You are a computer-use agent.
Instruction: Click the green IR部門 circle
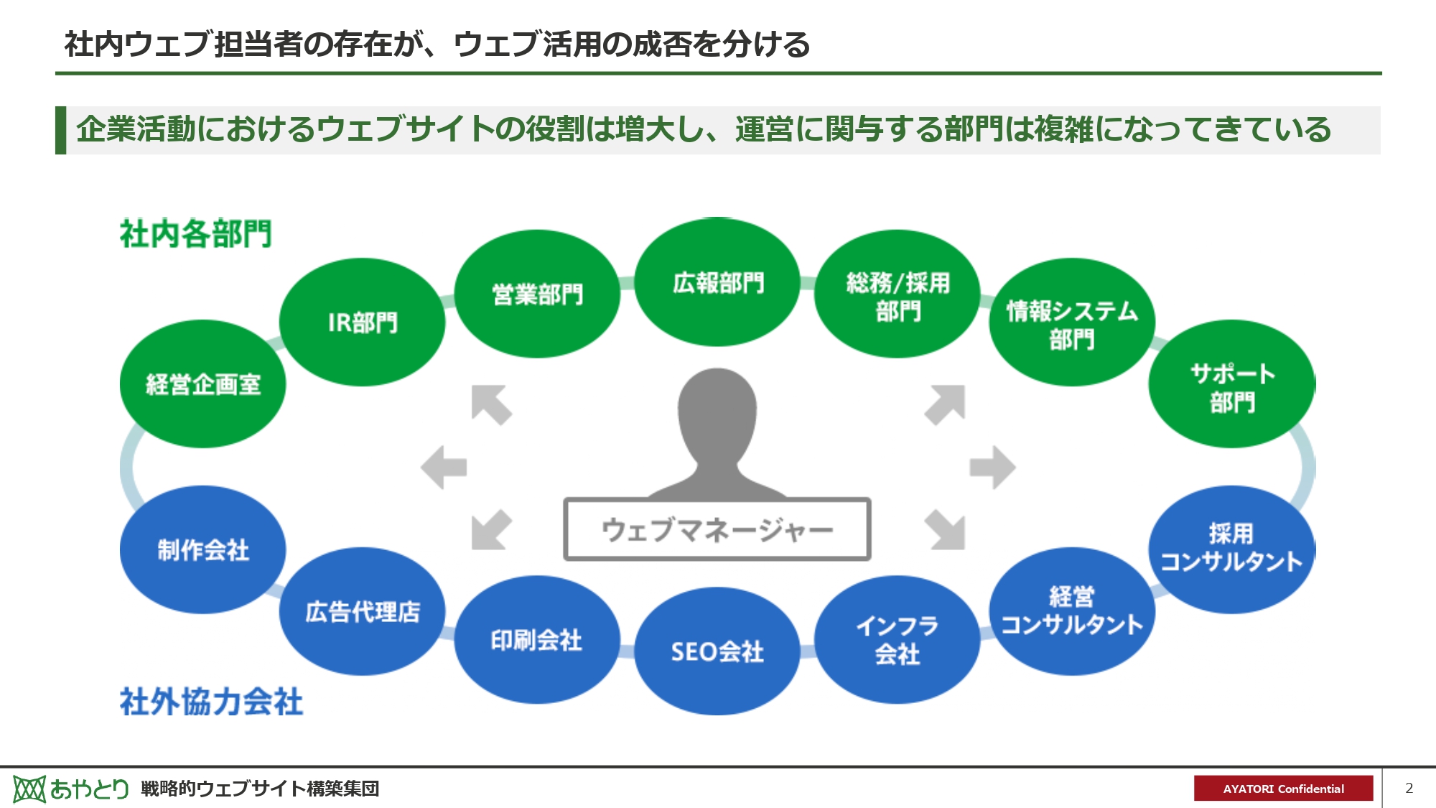coord(362,322)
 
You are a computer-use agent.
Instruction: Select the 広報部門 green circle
coord(717,282)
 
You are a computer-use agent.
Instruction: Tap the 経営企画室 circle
coord(202,384)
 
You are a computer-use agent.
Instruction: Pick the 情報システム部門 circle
coord(1071,323)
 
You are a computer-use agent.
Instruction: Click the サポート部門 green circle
coord(1232,386)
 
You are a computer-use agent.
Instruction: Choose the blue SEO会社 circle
coord(717,651)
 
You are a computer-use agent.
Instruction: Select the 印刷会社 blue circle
coord(536,639)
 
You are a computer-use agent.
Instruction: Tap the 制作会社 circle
coord(202,550)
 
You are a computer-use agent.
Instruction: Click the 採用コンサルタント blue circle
coord(1232,549)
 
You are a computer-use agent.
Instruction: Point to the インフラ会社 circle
coord(897,639)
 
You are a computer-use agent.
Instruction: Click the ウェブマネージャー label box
coord(717,530)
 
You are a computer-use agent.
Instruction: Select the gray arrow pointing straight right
coord(992,468)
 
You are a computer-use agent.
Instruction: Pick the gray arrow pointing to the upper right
coord(946,404)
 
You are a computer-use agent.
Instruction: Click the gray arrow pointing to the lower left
coord(491,530)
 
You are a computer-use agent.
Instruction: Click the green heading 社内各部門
coord(195,234)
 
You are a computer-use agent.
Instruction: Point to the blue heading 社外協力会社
coord(211,702)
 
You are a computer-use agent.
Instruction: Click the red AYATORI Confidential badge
coord(1283,788)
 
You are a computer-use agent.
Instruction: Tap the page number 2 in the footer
coord(1409,788)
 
